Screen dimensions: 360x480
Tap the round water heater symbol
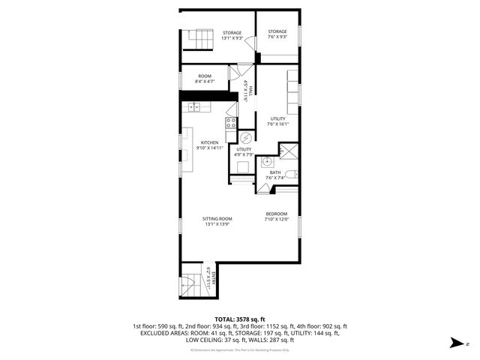[x=245, y=137]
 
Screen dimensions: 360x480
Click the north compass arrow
[x=454, y=343]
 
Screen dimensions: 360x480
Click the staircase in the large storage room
[x=201, y=37]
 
